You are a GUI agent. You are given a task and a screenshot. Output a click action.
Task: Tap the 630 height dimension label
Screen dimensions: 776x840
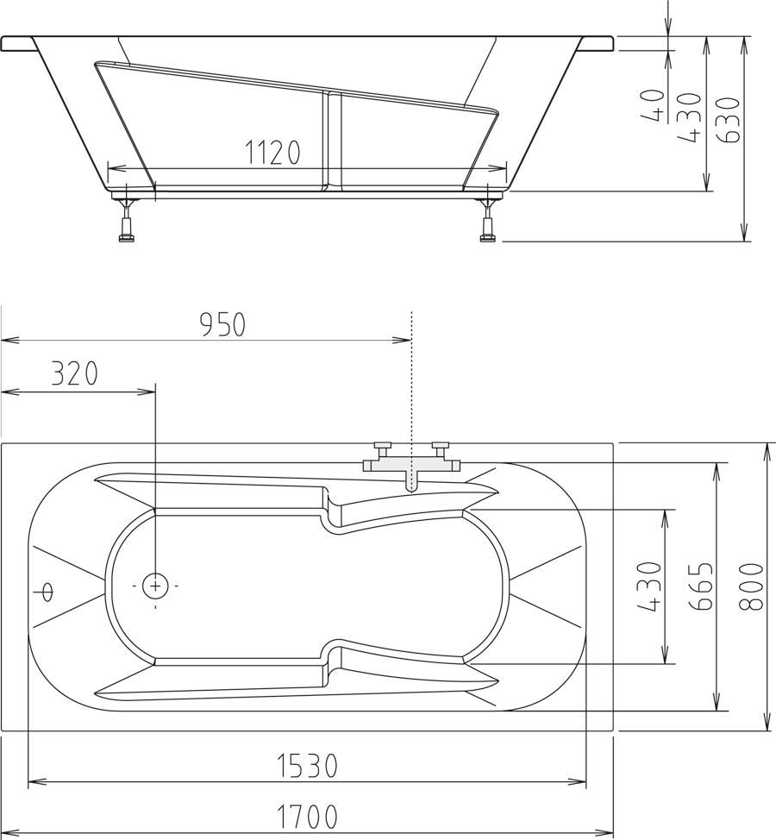(x=730, y=120)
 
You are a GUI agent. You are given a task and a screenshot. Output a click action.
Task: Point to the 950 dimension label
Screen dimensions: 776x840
(x=222, y=324)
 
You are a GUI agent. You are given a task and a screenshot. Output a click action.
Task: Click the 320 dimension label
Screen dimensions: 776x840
(x=74, y=374)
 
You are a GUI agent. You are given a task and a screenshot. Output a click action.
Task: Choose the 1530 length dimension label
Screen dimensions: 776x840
(x=308, y=766)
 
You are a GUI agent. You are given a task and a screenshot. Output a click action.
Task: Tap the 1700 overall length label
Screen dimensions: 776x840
(x=308, y=817)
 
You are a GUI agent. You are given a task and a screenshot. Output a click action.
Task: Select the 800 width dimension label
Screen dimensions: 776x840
(x=751, y=586)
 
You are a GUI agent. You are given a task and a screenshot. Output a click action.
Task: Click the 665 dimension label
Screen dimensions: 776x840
(x=702, y=586)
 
